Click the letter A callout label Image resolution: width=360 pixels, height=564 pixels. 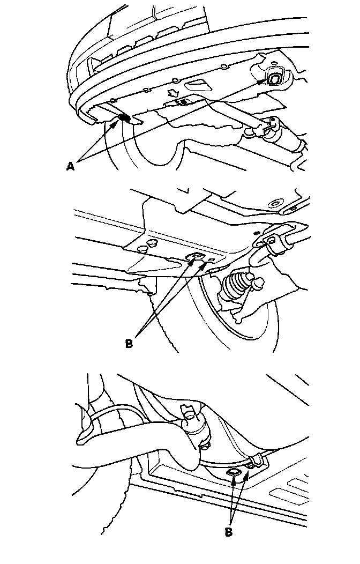[70, 166]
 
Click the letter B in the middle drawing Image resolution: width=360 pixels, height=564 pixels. [129, 344]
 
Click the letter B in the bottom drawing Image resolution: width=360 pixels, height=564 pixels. [229, 532]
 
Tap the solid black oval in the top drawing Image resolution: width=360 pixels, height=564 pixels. [124, 118]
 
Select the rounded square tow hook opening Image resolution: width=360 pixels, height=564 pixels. [274, 77]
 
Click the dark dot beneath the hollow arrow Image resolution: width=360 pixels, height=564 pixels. [184, 102]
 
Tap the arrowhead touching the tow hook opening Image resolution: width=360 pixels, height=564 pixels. [264, 82]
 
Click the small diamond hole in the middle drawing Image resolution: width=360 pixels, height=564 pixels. [212, 259]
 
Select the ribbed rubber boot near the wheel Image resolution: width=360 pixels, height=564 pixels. [234, 286]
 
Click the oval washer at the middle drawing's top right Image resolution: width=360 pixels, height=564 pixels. [275, 203]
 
